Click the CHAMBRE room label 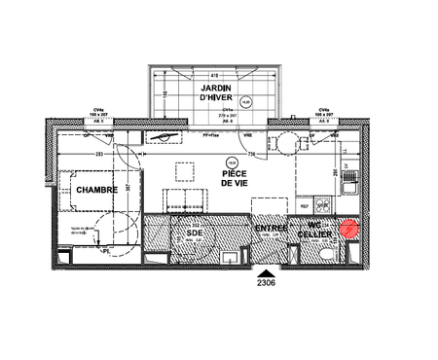(x=97, y=190)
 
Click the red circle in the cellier (x=349, y=230)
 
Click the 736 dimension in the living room (x=250, y=154)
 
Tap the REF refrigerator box (x=305, y=206)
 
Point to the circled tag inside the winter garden (x=246, y=100)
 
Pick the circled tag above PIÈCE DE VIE (x=231, y=161)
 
